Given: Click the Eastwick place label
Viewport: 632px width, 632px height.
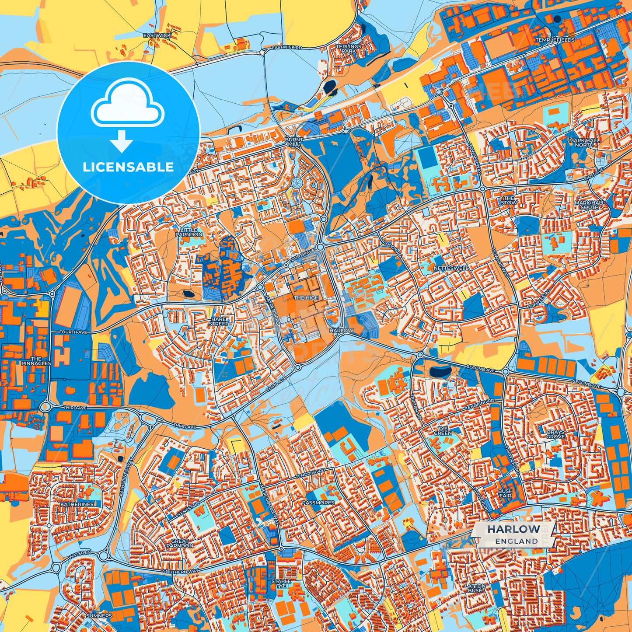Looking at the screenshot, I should pyautogui.click(x=157, y=35).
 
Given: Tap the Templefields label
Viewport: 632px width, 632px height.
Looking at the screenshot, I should pyautogui.click(x=555, y=40).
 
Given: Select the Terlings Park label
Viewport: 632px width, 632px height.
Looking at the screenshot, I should pyautogui.click(x=349, y=49).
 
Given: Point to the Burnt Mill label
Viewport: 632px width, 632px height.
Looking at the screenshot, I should pyautogui.click(x=293, y=142).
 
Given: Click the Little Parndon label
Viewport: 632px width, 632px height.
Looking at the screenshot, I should pyautogui.click(x=189, y=232).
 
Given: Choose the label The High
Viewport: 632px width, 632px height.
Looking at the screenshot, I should pyautogui.click(x=306, y=298).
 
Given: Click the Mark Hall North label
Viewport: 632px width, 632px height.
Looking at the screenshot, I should pyautogui.click(x=584, y=143).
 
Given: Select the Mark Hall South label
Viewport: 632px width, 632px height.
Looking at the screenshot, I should pyautogui.click(x=590, y=205).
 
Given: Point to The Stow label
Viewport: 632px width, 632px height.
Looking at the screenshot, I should pyautogui.click(x=509, y=200).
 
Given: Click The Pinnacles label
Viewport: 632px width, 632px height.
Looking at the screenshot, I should pyautogui.click(x=36, y=361).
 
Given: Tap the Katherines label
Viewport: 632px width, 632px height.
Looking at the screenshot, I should pyautogui.click(x=77, y=504).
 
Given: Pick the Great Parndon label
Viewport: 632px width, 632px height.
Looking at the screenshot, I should pyautogui.click(x=180, y=543).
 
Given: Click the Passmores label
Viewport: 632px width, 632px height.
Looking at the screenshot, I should pyautogui.click(x=318, y=503).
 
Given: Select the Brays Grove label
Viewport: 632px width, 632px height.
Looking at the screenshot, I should pyautogui.click(x=555, y=434).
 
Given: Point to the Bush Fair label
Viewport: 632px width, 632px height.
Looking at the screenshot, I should pyautogui.click(x=505, y=493).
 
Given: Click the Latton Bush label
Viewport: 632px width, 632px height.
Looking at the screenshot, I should pyautogui.click(x=475, y=588).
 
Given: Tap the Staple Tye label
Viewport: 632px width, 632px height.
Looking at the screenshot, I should pyautogui.click(x=281, y=583).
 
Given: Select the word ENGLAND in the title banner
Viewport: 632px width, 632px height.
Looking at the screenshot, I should pyautogui.click(x=517, y=541).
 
